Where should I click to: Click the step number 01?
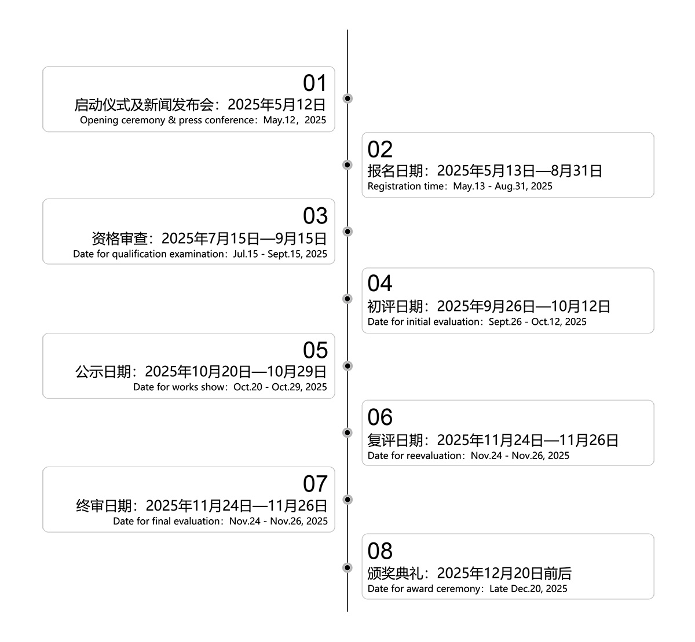314,83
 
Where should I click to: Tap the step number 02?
380,149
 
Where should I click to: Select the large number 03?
315,215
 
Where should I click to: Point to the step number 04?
380,283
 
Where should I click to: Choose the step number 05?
315,350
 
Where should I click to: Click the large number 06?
380,417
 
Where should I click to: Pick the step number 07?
315,483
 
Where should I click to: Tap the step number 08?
380,551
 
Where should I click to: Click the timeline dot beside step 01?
347,98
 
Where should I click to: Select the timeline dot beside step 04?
347,299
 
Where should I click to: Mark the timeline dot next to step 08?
347,567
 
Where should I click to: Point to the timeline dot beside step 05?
347,366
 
